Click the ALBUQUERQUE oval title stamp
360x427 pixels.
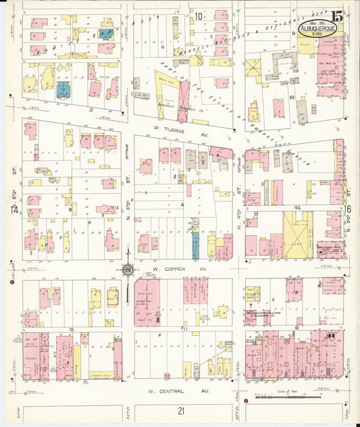315,31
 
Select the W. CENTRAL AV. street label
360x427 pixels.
178,391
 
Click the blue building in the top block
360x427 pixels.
107,32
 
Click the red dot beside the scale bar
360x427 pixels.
245,400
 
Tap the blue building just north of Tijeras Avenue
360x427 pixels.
63,90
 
